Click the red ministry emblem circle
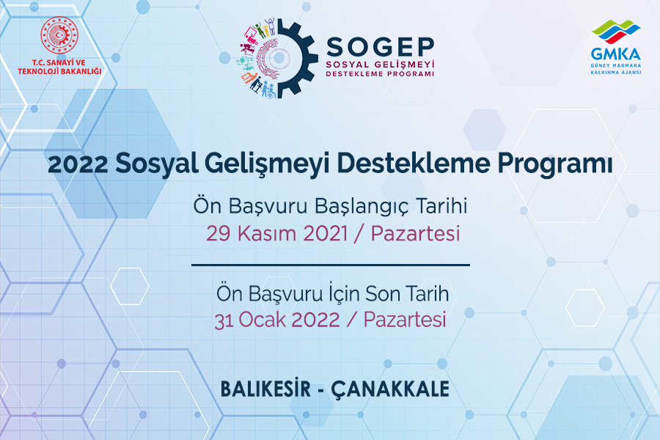[x=59, y=35]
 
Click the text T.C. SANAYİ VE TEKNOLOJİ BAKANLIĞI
[x=59, y=67]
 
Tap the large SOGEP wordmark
[x=380, y=47]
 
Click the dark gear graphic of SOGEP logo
[x=290, y=58]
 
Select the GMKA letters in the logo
[x=615, y=54]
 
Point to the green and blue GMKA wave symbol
[x=616, y=31]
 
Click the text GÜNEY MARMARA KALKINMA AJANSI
[x=616, y=69]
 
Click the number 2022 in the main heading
[x=78, y=164]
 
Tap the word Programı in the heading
[x=555, y=164]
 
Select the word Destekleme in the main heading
[x=414, y=164]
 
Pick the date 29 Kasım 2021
[x=277, y=234]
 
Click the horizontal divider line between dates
[x=331, y=265]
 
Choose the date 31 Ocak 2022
[x=277, y=320]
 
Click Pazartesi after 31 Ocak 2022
[x=405, y=320]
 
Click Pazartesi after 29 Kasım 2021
[x=415, y=234]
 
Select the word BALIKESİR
[x=265, y=389]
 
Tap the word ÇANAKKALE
[x=390, y=389]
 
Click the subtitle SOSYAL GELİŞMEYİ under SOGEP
[x=380, y=65]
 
